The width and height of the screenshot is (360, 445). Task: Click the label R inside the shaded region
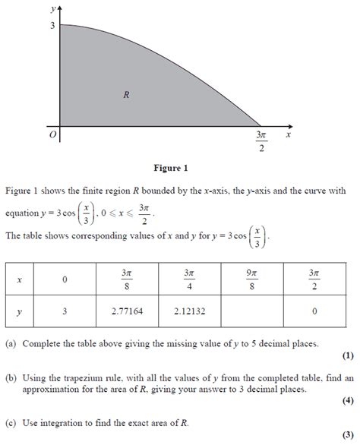[126, 95]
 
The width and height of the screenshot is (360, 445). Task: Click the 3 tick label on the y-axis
[52, 26]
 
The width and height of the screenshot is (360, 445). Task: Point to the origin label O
[52, 134]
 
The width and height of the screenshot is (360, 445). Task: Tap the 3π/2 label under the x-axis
[263, 141]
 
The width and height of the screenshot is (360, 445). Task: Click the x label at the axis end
[289, 134]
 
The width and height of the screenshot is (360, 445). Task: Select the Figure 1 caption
[170, 168]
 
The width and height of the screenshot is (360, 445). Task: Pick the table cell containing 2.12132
[189, 311]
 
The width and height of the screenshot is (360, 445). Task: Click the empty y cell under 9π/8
[251, 311]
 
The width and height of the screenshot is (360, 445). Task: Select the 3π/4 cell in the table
[189, 279]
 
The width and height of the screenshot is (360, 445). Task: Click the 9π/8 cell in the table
[251, 279]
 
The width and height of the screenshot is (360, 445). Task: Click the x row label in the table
[20, 280]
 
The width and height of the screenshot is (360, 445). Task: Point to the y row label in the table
[20, 311]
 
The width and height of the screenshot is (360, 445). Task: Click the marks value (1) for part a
[347, 356]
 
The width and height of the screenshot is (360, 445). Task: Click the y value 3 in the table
[65, 311]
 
